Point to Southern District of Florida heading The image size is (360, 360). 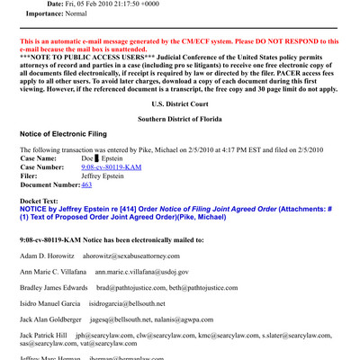click(x=179, y=119)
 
